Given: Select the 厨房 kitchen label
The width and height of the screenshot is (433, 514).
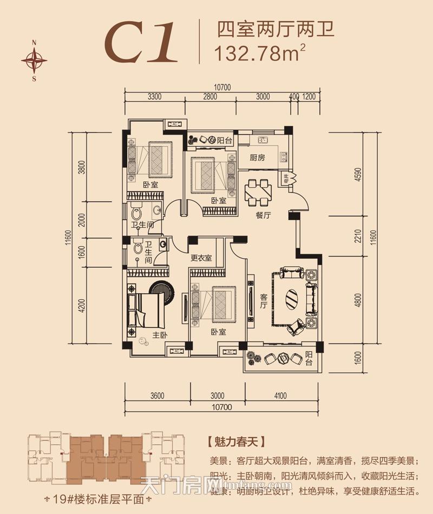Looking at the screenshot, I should tap(257, 158).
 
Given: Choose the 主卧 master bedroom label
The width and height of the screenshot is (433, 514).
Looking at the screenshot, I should tap(160, 335).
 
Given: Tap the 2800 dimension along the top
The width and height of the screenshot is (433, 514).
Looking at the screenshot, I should tap(210, 97).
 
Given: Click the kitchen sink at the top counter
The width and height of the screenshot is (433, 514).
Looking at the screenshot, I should tap(264, 140).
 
